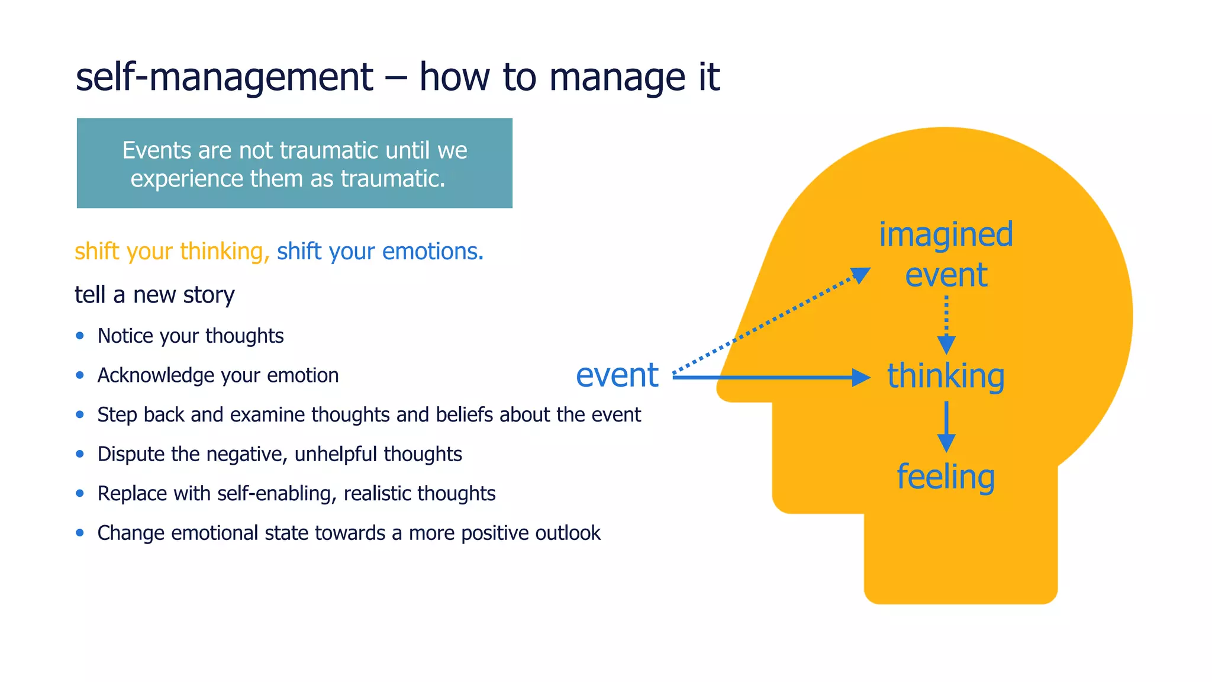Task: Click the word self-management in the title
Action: [x=224, y=77]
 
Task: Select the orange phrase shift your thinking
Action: [x=169, y=252]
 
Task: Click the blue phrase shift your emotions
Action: [x=380, y=252]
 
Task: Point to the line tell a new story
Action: [x=154, y=295]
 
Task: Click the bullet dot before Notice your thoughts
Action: [x=80, y=336]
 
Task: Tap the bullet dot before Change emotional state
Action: [x=80, y=533]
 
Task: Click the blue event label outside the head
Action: [x=617, y=375]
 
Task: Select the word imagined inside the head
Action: [x=946, y=234]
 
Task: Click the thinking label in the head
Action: [x=946, y=377]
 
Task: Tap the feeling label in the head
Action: [x=946, y=477]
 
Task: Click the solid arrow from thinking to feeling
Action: [x=946, y=426]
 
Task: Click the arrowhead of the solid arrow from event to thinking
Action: [x=861, y=377]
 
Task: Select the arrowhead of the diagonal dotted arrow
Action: [x=861, y=275]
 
